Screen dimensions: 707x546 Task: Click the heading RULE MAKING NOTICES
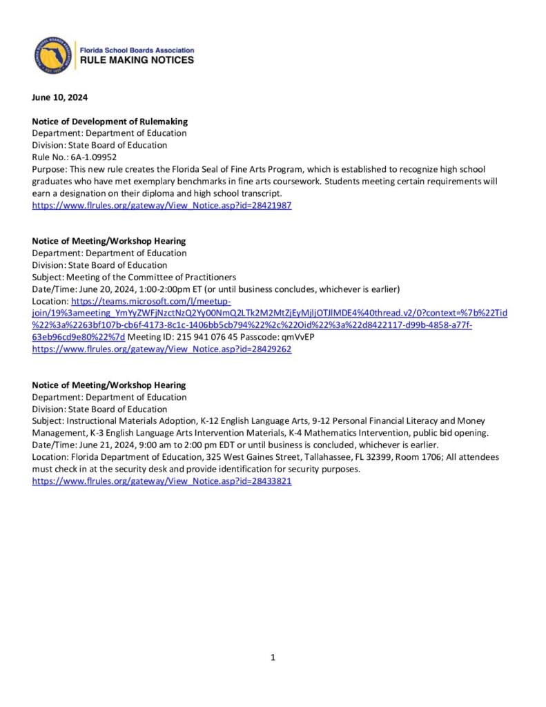tap(137, 60)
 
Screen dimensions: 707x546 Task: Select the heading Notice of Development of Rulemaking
tap(110, 121)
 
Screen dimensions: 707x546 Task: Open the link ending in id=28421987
tap(162, 206)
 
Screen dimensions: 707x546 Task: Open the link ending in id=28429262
tap(162, 349)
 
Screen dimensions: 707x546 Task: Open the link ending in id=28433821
tap(162, 481)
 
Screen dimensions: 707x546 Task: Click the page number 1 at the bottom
tap(273, 657)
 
